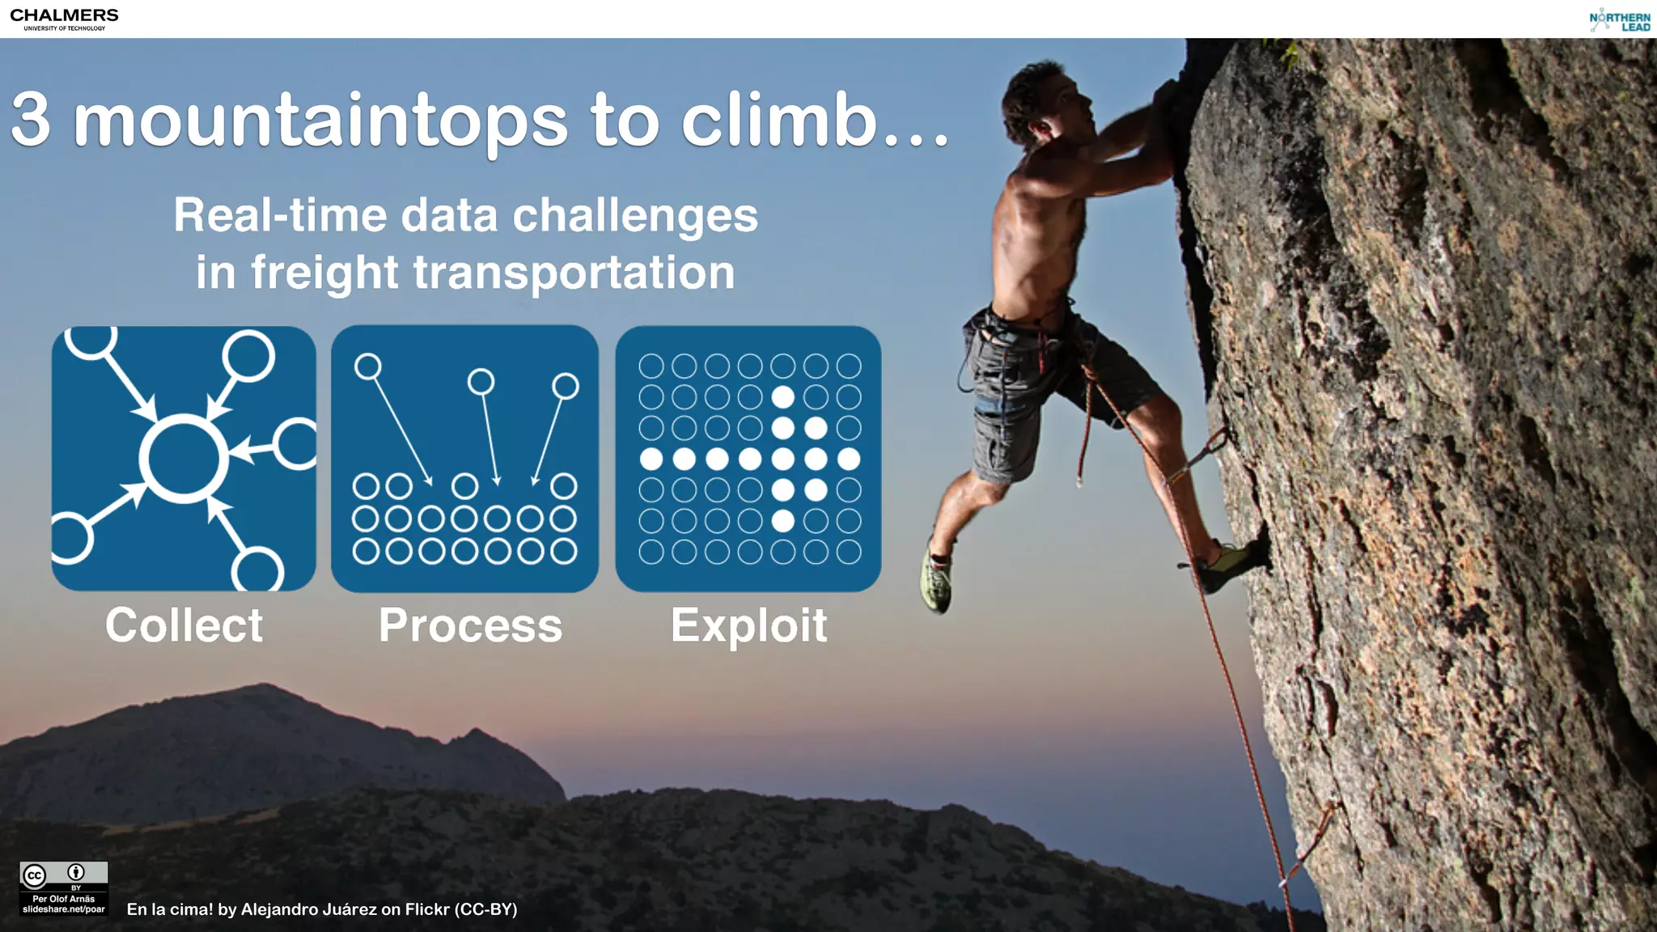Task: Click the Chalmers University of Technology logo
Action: (x=64, y=19)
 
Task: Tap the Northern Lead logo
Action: (x=1619, y=21)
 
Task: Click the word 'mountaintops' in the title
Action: (x=320, y=121)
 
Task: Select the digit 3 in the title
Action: (x=31, y=121)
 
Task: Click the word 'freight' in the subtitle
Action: (x=324, y=273)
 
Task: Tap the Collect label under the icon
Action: (x=184, y=625)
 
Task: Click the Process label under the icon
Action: (x=470, y=625)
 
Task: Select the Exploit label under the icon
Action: (x=748, y=625)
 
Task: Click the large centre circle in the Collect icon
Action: (x=184, y=458)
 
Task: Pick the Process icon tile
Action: (x=464, y=458)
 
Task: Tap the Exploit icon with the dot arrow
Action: (x=748, y=458)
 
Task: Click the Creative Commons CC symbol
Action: (x=35, y=875)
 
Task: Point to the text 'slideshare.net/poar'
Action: (x=64, y=909)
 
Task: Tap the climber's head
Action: (x=1040, y=101)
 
